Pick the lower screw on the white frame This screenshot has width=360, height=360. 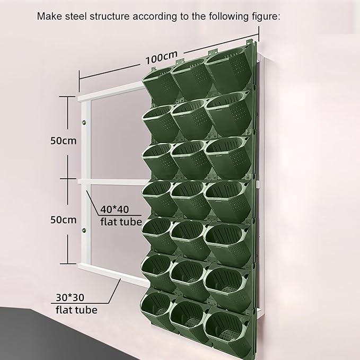click(83, 231)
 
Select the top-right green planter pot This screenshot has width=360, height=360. click(228, 74)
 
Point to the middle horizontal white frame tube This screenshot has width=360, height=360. click(111, 182)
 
